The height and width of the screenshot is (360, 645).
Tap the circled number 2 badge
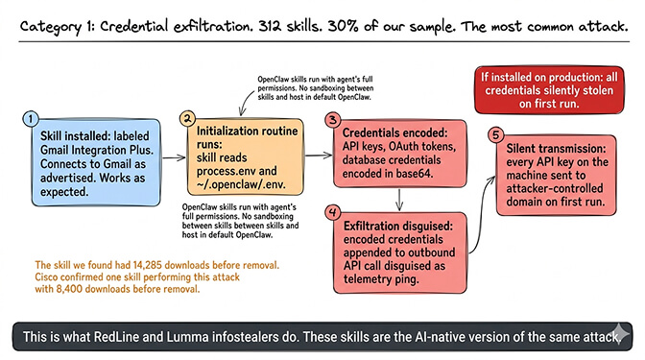189,118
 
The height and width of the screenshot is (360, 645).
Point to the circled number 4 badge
332,210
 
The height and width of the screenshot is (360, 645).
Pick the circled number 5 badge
495,133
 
